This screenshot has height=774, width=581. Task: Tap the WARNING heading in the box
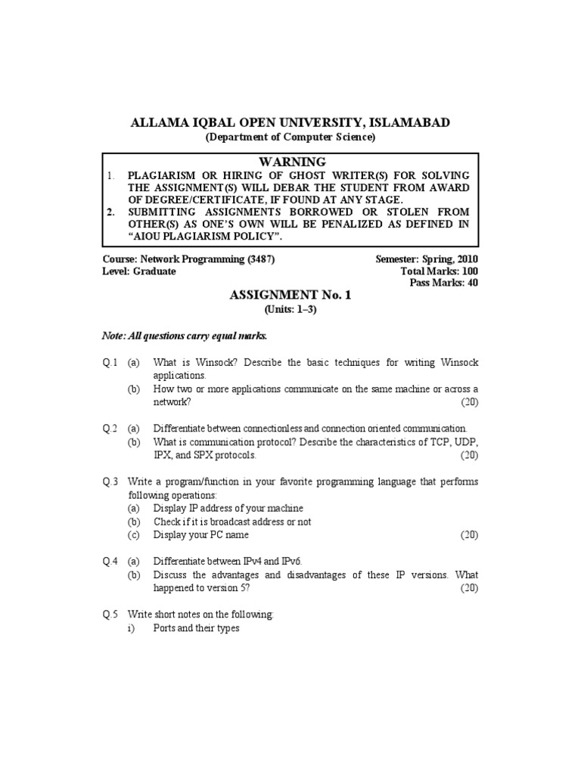[291, 162]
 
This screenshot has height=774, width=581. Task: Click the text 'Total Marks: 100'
[440, 271]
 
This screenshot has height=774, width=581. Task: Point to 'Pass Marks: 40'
[444, 283]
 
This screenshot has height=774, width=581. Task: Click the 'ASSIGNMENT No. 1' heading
[290, 296]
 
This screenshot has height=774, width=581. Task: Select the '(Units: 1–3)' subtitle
[290, 310]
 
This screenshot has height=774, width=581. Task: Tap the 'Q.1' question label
[110, 364]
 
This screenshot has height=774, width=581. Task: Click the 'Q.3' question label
[110, 481]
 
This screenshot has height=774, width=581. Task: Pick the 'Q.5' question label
[110, 615]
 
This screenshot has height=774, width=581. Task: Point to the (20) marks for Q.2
[469, 455]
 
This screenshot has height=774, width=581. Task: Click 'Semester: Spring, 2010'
[427, 259]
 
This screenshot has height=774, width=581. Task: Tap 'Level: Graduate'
[139, 271]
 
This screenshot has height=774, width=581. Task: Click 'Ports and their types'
[196, 628]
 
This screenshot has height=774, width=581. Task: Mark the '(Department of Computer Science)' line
[290, 138]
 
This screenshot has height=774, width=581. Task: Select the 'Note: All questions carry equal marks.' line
[185, 336]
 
